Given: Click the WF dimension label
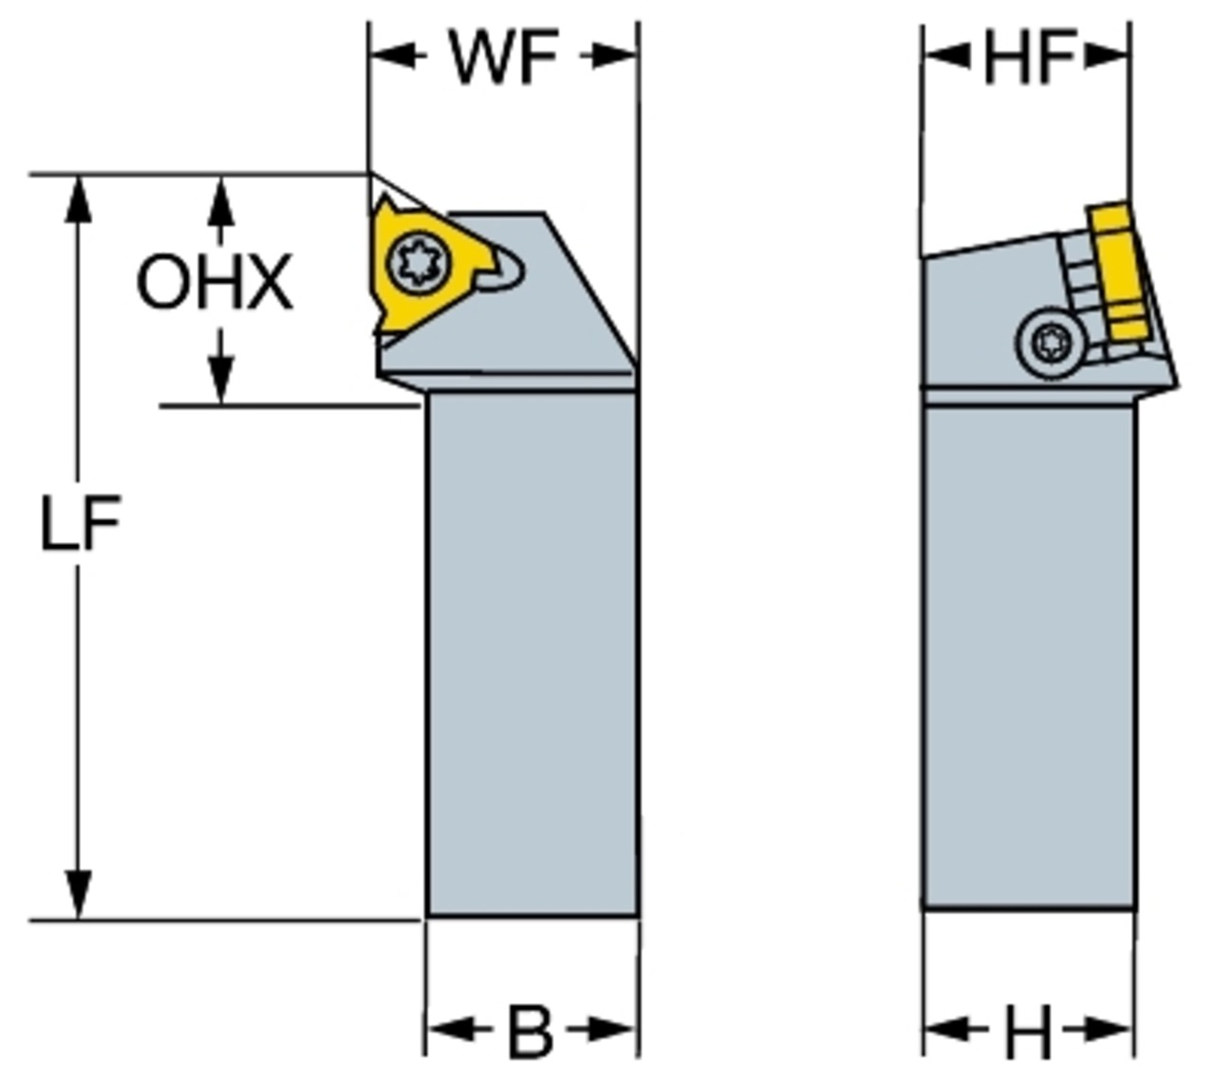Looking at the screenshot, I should [503, 57].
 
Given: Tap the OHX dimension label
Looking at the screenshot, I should [215, 283].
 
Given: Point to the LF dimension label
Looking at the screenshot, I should [80, 525].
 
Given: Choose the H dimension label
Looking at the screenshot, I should [1028, 1031].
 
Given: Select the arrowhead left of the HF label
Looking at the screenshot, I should [946, 57].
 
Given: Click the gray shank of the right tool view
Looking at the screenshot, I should [1028, 655].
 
